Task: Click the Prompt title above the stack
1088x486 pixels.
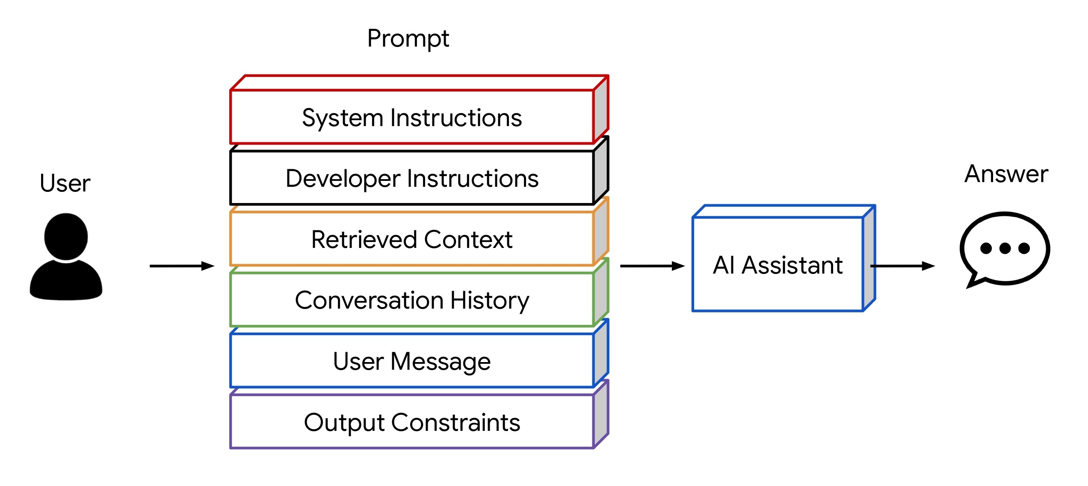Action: pyautogui.click(x=408, y=39)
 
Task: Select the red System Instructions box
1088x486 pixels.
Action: pyautogui.click(x=411, y=118)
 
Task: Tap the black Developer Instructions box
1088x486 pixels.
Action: pyautogui.click(x=411, y=178)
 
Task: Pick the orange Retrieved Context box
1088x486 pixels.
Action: pyautogui.click(x=411, y=239)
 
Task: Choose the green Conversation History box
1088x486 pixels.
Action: pyautogui.click(x=411, y=300)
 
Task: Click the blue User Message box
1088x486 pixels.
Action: pyautogui.click(x=411, y=361)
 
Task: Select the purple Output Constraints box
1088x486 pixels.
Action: pyautogui.click(x=411, y=422)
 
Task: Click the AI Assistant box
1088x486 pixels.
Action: pyautogui.click(x=778, y=265)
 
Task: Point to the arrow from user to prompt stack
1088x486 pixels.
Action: pyautogui.click(x=182, y=266)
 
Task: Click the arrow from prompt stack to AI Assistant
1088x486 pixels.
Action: pyautogui.click(x=652, y=266)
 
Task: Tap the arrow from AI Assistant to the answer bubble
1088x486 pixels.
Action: pyautogui.click(x=902, y=266)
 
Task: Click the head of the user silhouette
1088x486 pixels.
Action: pyautogui.click(x=66, y=236)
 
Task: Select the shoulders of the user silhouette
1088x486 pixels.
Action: pyautogui.click(x=66, y=282)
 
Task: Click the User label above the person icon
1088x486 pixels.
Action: pyautogui.click(x=65, y=183)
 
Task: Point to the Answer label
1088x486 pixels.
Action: pyautogui.click(x=1006, y=174)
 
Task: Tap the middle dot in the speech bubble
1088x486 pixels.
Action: pyautogui.click(x=1005, y=248)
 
